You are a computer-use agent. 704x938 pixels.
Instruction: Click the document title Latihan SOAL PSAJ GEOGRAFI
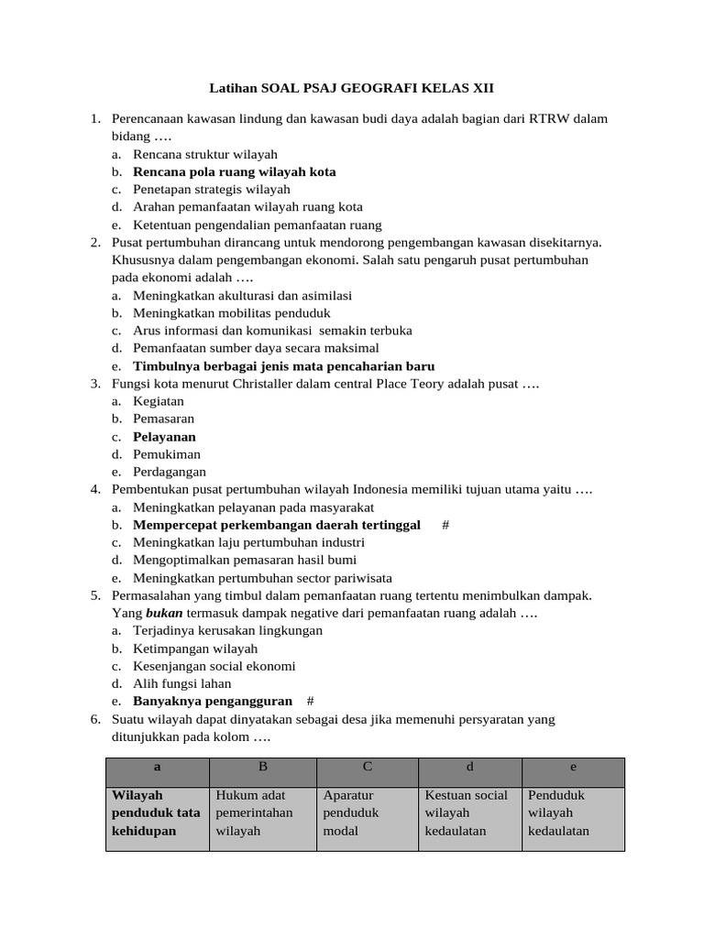click(352, 88)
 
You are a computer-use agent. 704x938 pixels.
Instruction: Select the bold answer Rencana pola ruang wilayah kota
click(234, 171)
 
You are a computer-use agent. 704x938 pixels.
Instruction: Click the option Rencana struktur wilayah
click(204, 154)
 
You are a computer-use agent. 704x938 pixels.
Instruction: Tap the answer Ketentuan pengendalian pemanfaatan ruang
click(257, 224)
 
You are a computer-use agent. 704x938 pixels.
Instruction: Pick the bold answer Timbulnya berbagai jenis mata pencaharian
click(283, 366)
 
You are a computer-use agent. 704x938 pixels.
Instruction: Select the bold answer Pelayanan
click(164, 437)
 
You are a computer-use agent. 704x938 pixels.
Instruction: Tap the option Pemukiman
click(166, 454)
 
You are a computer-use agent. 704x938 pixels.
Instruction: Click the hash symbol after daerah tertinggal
click(445, 525)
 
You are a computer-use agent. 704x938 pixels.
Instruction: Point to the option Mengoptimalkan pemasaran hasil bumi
click(245, 560)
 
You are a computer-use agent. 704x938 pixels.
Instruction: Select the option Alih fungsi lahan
click(181, 683)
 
